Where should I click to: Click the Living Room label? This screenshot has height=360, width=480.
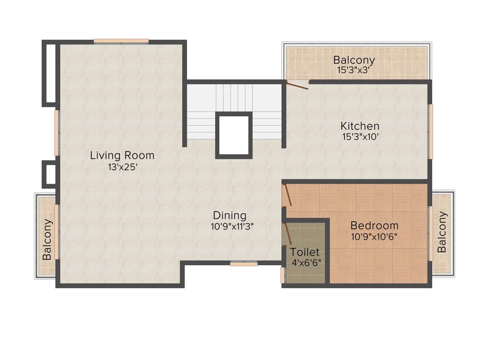[122, 155]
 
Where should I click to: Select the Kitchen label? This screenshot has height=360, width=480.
[360, 126]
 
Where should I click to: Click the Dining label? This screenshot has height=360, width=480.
[230, 216]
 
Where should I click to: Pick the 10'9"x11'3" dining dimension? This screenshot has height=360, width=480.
[232, 226]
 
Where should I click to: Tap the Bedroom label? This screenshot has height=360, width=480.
[374, 225]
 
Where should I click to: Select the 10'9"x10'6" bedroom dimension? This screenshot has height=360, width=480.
[374, 237]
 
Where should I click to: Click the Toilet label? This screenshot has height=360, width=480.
[305, 252]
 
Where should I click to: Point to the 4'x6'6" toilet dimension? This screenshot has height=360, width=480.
[306, 263]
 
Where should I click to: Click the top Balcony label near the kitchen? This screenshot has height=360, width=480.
[354, 60]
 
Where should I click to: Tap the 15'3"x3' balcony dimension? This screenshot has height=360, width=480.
[354, 70]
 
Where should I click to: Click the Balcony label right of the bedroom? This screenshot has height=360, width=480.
[442, 232]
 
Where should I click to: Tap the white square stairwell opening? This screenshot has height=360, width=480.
[234, 135]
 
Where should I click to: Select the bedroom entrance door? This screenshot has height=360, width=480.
[287, 195]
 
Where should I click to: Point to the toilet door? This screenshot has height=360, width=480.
[287, 233]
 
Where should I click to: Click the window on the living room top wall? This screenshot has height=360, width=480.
[121, 41]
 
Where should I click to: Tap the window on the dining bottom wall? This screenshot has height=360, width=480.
[243, 264]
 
